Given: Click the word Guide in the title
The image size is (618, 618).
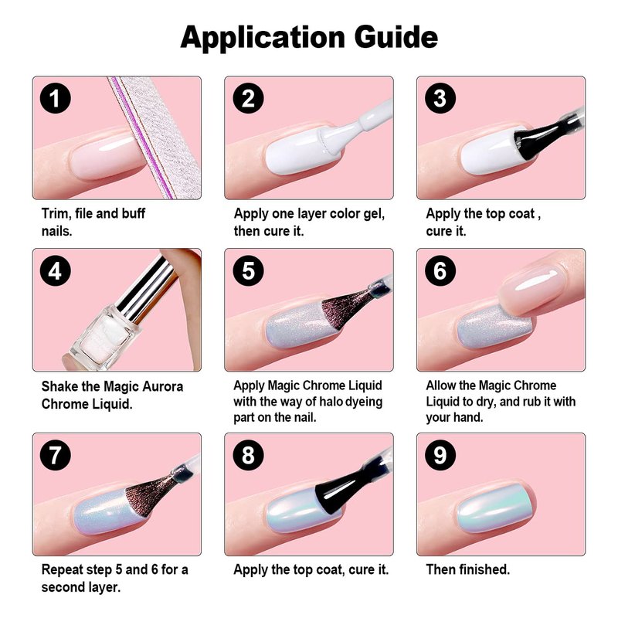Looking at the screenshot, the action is tap(396, 37).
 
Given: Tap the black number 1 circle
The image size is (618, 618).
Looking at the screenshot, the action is tap(56, 98).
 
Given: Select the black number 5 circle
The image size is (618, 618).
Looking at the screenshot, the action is tap(248, 270).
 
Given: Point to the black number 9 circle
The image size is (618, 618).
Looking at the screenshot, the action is tap(440, 455).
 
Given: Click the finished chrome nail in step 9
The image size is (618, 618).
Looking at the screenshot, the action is tap(494, 508).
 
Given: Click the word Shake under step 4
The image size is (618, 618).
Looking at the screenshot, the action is tap(59, 386).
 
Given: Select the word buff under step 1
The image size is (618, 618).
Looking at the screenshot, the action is tap(133, 213).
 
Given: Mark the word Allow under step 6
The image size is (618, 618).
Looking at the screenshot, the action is tap(441, 385).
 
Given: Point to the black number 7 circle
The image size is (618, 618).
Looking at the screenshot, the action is tap(56, 455).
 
